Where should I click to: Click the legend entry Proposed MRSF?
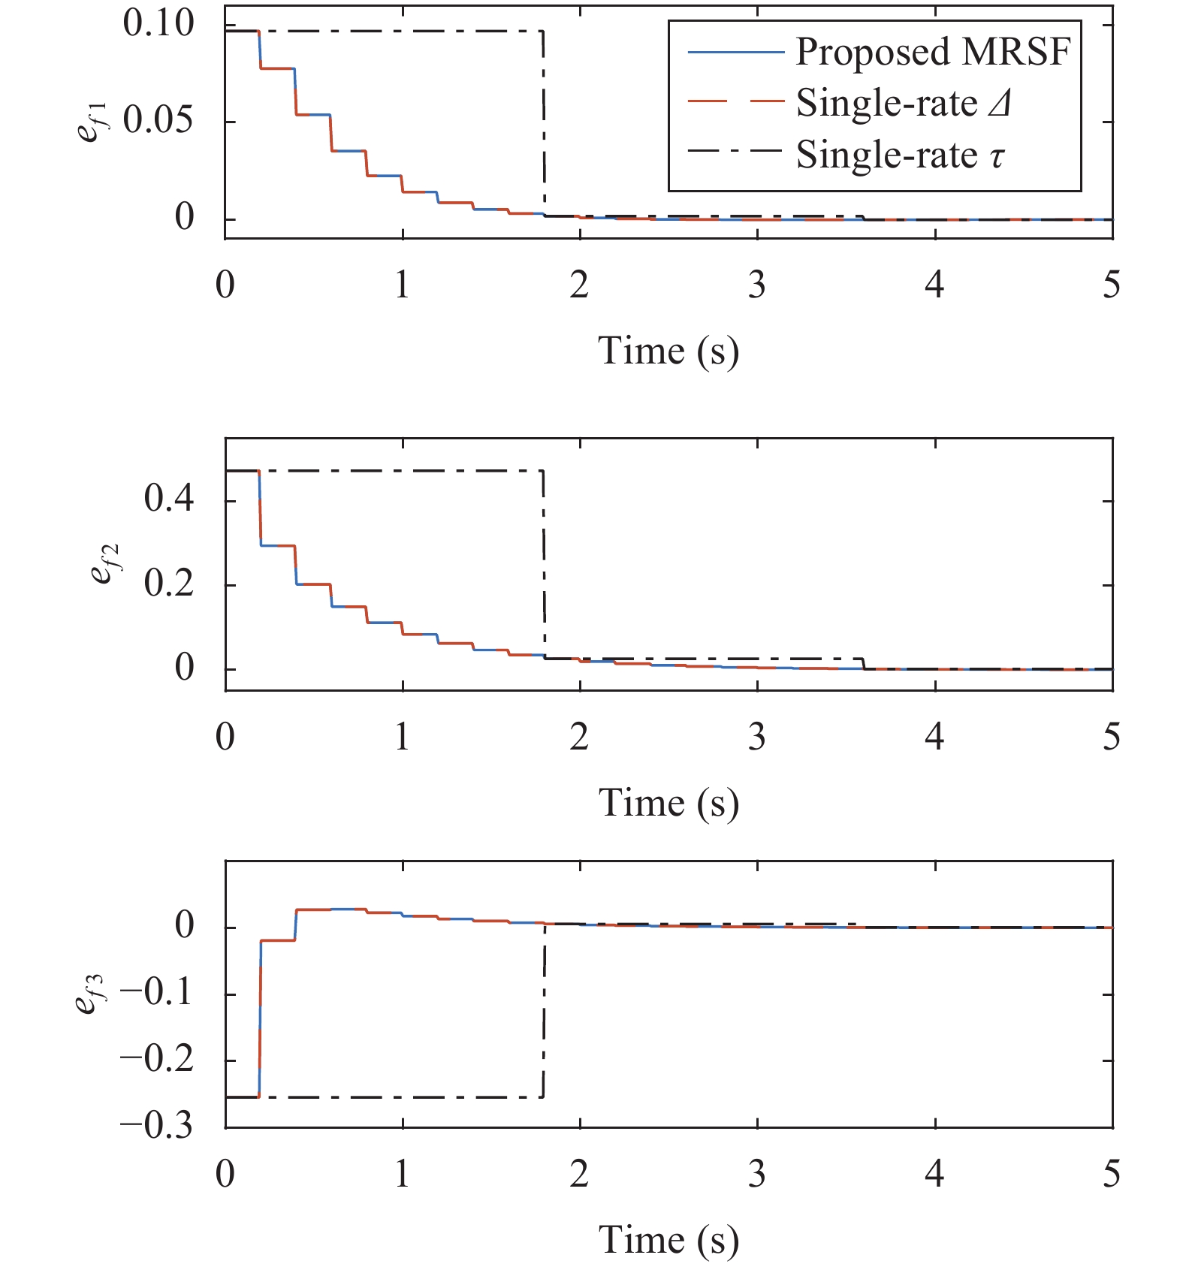tap(933, 53)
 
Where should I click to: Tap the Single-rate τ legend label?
tap(900, 155)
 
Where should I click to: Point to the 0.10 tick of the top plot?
tap(158, 24)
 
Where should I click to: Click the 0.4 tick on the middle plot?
tap(169, 499)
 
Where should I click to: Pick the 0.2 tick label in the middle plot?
tap(169, 584)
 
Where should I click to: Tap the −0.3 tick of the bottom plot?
tap(156, 1126)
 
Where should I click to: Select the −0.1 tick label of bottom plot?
tap(156, 993)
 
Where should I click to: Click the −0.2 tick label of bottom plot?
tap(156, 1060)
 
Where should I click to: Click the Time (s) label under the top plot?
tap(668, 351)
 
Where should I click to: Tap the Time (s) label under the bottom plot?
tap(668, 1240)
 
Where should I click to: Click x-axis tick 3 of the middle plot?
tap(757, 738)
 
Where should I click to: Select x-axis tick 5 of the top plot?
tap(1112, 285)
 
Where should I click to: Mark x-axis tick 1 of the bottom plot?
tap(403, 1175)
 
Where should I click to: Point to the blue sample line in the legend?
tap(735, 53)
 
